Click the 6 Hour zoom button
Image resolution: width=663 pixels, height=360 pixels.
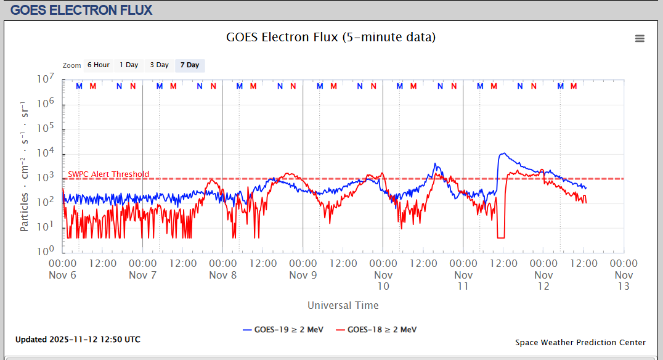(x=98, y=65)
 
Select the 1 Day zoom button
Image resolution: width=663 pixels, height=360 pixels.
(x=129, y=65)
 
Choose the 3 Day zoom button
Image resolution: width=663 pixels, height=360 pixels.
(x=159, y=65)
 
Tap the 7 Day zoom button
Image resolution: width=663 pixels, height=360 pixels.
(x=190, y=65)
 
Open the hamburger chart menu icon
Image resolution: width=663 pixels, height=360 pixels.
(x=640, y=38)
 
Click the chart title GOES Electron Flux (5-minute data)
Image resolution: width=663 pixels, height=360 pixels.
(x=331, y=37)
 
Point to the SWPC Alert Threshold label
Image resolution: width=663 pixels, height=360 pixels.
(x=108, y=174)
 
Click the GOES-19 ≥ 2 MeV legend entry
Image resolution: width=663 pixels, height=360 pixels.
(x=283, y=329)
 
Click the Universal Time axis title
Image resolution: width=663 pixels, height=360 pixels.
(x=343, y=305)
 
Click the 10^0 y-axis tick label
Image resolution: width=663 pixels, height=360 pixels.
(x=46, y=252)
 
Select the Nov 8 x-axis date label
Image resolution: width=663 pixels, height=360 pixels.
(x=222, y=275)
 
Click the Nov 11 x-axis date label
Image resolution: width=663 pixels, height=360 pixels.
(x=463, y=280)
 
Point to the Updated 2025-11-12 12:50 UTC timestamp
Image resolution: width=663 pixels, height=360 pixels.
(x=78, y=340)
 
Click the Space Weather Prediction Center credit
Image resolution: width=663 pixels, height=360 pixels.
(x=580, y=342)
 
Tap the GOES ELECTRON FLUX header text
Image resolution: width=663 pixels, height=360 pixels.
(x=82, y=10)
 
